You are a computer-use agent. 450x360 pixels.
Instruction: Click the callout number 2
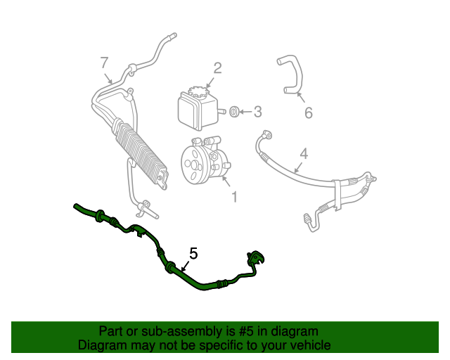[217, 67]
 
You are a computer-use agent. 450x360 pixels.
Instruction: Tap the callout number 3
[257, 111]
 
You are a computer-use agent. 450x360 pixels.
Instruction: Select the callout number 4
[304, 153]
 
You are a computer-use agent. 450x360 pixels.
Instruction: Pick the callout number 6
[307, 112]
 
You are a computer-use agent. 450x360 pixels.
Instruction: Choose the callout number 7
[104, 62]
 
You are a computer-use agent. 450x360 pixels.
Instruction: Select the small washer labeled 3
[236, 110]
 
